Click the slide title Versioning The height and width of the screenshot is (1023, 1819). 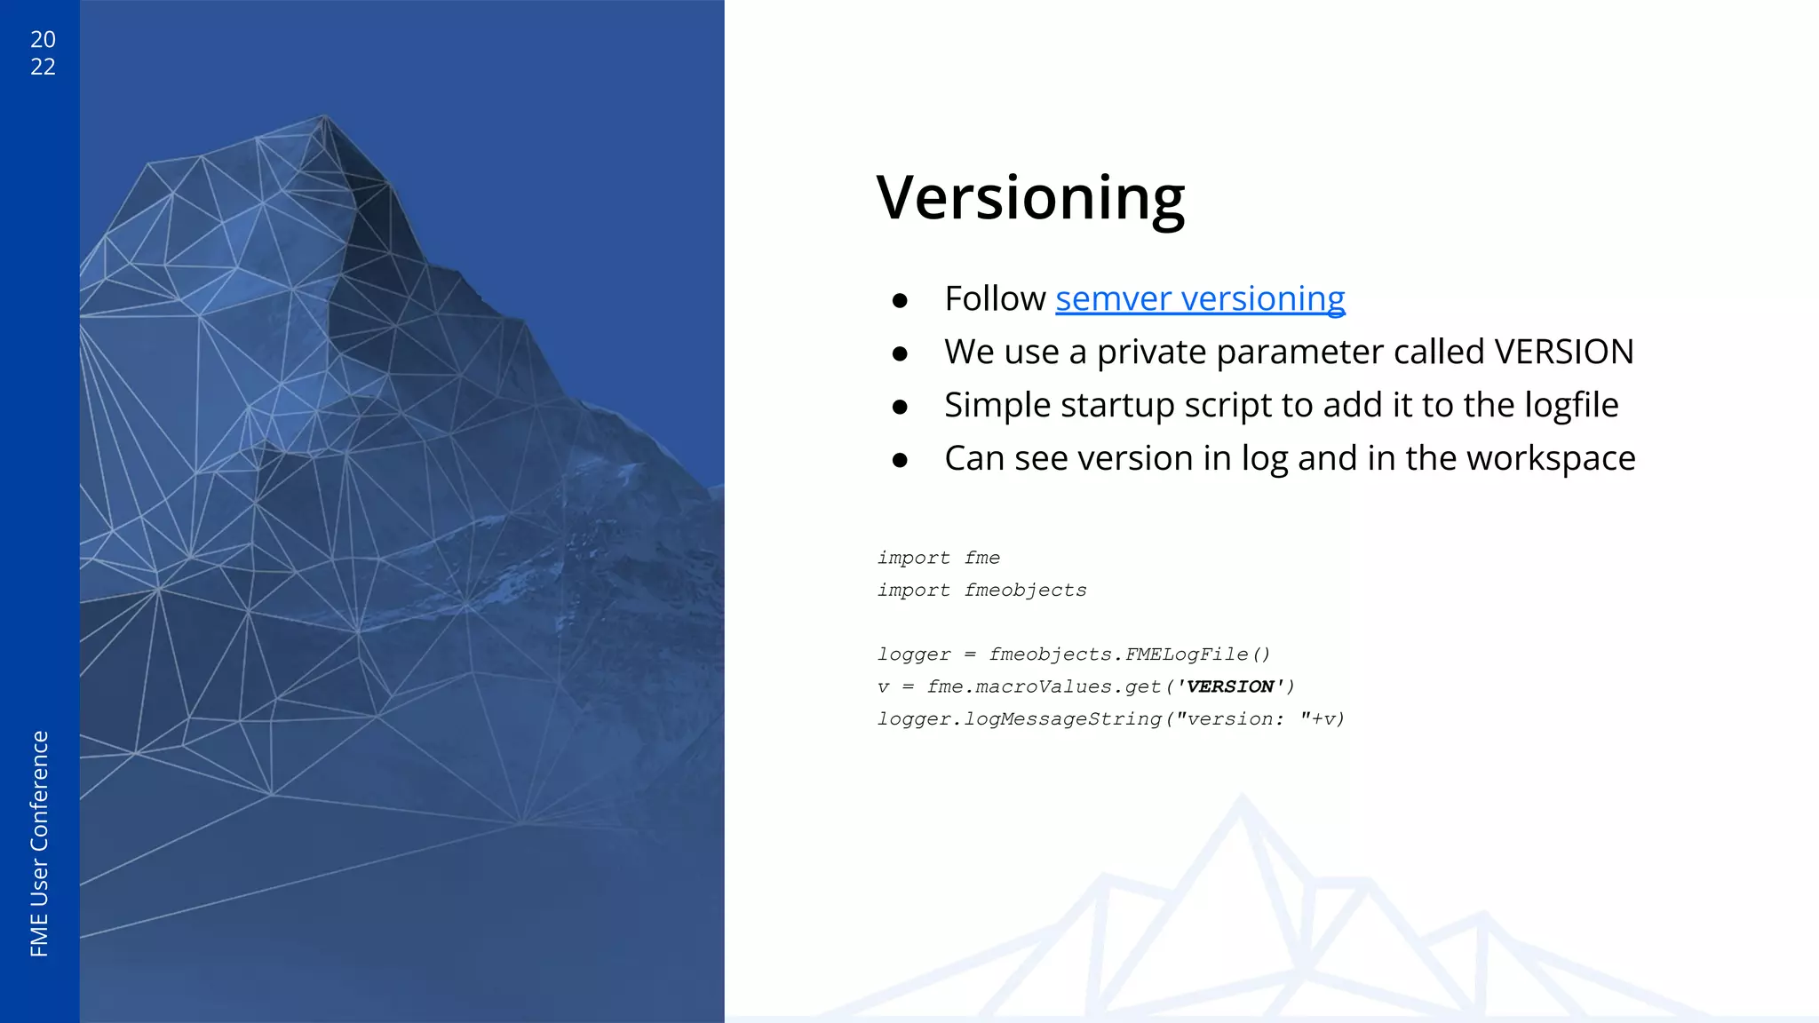point(1030,197)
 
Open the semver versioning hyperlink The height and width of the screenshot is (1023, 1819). point(1200,299)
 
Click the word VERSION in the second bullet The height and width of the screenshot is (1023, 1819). point(1563,353)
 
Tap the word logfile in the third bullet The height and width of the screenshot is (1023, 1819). point(1571,406)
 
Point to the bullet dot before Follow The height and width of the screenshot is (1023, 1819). point(900,302)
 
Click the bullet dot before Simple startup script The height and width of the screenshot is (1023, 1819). point(900,408)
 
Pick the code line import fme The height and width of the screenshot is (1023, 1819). point(939,558)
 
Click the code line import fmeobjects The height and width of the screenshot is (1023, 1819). point(981,591)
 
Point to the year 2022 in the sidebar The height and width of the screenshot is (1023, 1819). point(43,52)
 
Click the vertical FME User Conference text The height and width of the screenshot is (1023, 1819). point(40,843)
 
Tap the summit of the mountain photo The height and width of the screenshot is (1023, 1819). point(324,116)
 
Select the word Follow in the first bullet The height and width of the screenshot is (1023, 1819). point(995,299)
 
